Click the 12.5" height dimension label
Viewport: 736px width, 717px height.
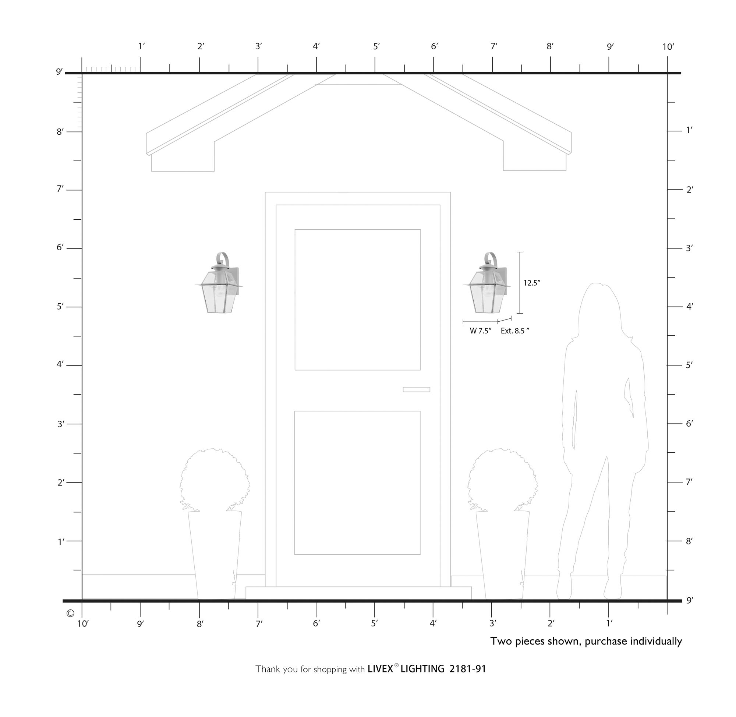click(x=531, y=283)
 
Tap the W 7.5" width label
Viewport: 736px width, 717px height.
click(x=480, y=331)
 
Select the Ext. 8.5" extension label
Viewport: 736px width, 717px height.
click(x=514, y=331)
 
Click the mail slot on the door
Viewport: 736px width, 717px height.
click(x=416, y=389)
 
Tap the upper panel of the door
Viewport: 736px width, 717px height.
click(x=357, y=299)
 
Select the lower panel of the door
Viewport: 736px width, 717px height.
click(x=357, y=483)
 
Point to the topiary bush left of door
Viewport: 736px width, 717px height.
click(x=215, y=478)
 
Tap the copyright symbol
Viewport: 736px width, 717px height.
click(x=70, y=614)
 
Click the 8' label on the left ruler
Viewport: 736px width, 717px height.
click(x=60, y=131)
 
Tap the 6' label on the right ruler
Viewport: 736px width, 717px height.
click(x=689, y=423)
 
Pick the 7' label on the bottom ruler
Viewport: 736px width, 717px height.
click(x=259, y=624)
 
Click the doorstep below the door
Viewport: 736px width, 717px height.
click(x=358, y=593)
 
